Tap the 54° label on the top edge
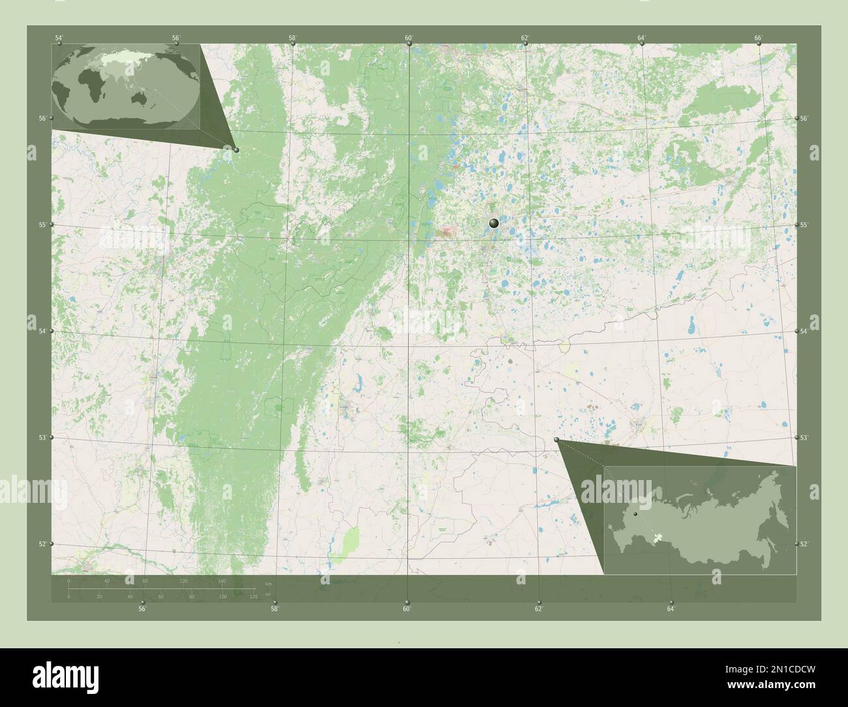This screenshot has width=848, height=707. (59, 38)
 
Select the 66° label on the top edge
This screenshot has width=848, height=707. (758, 38)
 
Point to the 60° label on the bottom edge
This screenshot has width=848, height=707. (406, 609)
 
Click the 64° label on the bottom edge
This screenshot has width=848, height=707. (671, 609)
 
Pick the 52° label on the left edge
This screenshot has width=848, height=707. (42, 544)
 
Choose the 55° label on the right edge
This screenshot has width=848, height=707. (804, 225)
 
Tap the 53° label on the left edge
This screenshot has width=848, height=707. (42, 438)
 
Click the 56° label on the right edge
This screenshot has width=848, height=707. (804, 119)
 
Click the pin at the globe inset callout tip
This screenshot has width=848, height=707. (236, 150)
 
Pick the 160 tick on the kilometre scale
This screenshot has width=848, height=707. (222, 580)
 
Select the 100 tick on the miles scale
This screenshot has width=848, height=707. (222, 596)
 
